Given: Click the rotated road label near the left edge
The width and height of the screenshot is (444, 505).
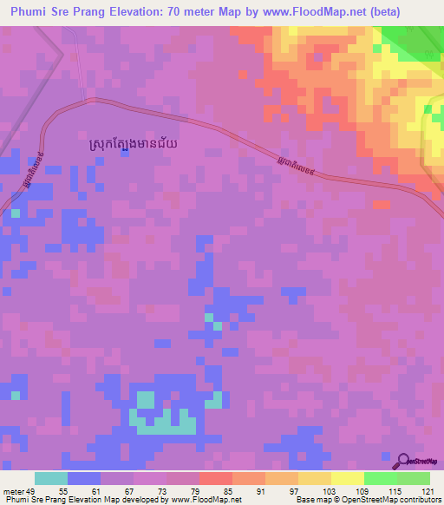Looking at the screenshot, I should tap(25, 183).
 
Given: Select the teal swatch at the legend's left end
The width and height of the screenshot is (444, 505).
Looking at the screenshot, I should tap(51, 479).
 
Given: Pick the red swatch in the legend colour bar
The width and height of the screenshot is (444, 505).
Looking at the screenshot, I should tap(215, 479).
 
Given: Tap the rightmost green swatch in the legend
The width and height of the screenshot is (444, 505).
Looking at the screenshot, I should tap(413, 479).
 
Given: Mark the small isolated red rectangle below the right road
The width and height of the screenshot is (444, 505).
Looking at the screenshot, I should tap(380, 206).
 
